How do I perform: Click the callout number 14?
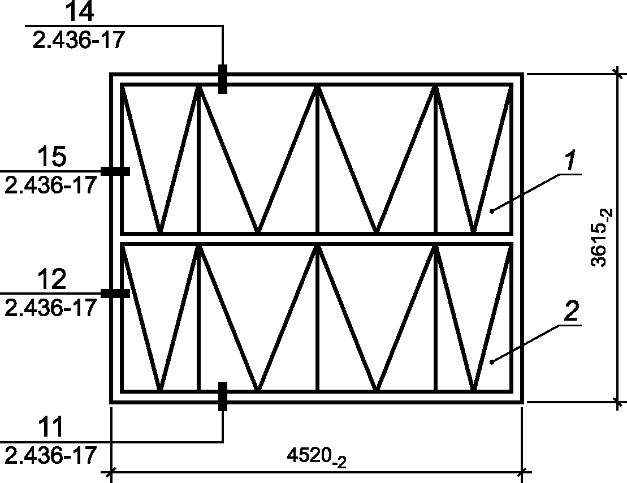point(79,11)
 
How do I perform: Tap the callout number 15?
point(52,157)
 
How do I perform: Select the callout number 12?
point(52,279)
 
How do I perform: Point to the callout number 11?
point(51,426)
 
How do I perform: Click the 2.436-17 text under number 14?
point(79,40)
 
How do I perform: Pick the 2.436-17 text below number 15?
point(51,186)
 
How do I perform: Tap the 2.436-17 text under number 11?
point(51,455)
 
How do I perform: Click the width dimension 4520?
point(316,457)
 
